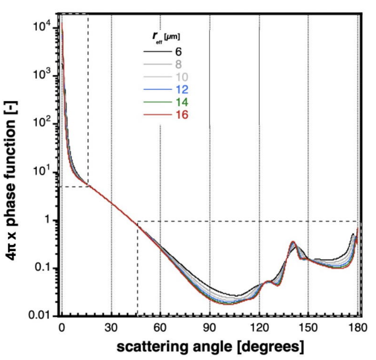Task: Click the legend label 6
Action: [178, 52]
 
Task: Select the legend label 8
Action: [178, 64]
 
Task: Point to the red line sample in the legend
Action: [158, 115]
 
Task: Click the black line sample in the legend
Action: [158, 52]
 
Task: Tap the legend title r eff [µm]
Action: [166, 37]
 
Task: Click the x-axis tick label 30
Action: [111, 328]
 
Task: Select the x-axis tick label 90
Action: [209, 328]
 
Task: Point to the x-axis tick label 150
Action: [308, 328]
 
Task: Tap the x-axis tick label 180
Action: [357, 328]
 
